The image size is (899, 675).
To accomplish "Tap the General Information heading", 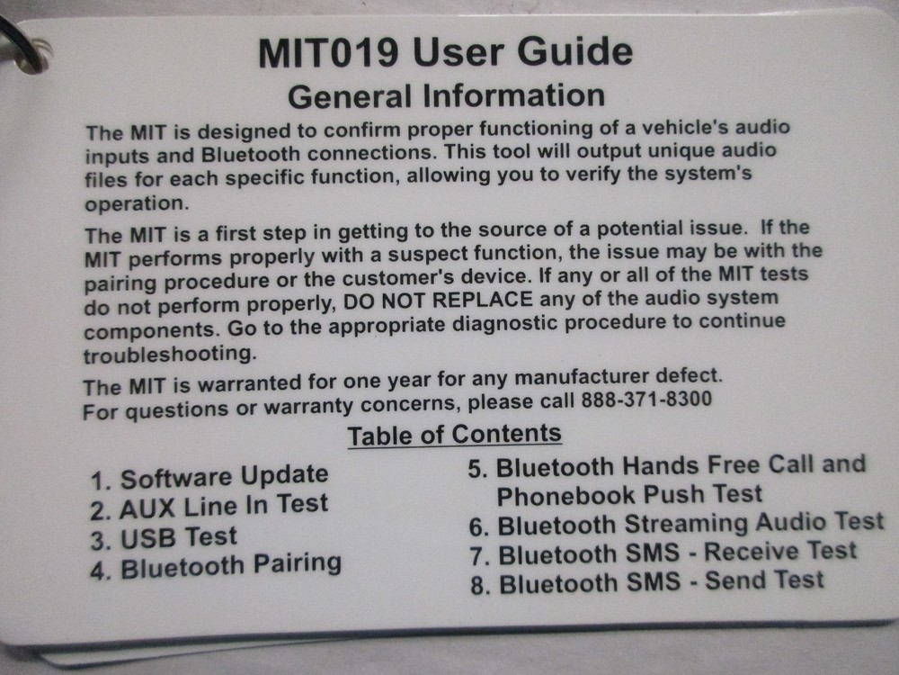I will tap(446, 94).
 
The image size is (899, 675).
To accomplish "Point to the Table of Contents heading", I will tap(454, 435).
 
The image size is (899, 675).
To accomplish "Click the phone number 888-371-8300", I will tap(647, 399).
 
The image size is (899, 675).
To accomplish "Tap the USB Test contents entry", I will tap(164, 537).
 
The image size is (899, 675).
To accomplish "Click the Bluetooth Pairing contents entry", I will tap(216, 566).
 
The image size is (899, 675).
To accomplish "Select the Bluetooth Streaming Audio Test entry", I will tap(677, 523).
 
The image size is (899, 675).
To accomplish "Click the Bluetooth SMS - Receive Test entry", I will tap(663, 552).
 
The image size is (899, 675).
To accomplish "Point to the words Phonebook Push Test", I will tap(629, 494).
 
